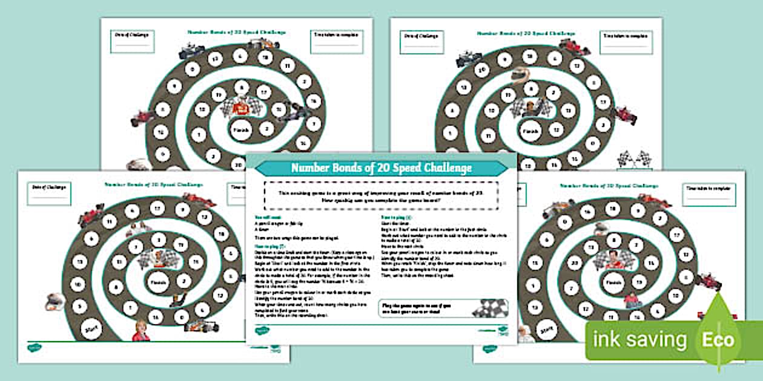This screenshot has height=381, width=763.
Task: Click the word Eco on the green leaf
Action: click(x=719, y=339)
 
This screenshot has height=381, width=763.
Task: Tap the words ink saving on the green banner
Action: click(x=640, y=340)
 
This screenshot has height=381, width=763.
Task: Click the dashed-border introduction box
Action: click(x=381, y=194)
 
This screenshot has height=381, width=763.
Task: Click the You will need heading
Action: click(x=267, y=215)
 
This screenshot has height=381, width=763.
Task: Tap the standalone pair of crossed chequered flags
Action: click(x=634, y=160)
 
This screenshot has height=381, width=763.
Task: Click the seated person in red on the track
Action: click(x=630, y=299)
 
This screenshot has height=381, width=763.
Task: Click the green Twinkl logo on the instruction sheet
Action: click(x=262, y=330)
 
